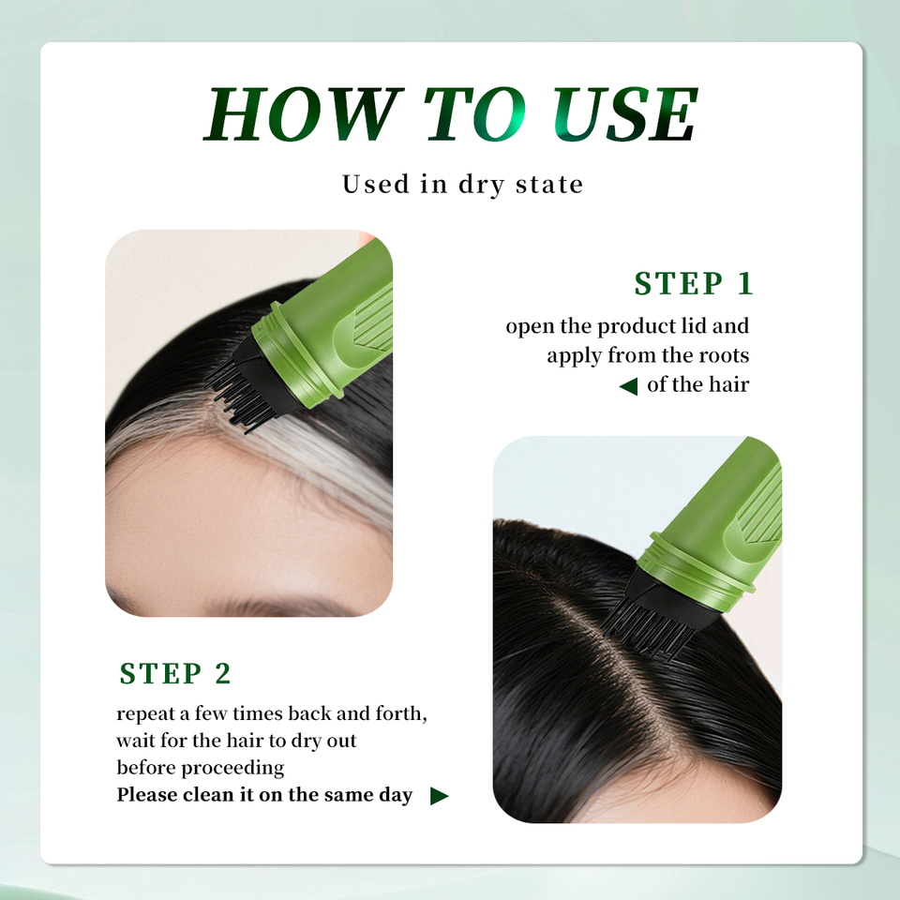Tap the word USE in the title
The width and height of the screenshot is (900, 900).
tap(625, 113)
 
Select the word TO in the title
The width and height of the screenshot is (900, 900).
tap(475, 113)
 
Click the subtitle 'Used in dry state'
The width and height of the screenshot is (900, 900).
tap(462, 185)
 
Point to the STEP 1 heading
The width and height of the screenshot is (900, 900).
tap(694, 283)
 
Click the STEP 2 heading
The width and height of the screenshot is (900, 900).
tap(175, 673)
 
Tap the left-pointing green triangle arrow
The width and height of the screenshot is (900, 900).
tap(628, 385)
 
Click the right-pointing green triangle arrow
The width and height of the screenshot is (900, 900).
tap(439, 796)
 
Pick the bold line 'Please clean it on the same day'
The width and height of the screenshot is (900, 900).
tap(264, 795)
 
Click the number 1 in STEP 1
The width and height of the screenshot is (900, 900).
tap(745, 283)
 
